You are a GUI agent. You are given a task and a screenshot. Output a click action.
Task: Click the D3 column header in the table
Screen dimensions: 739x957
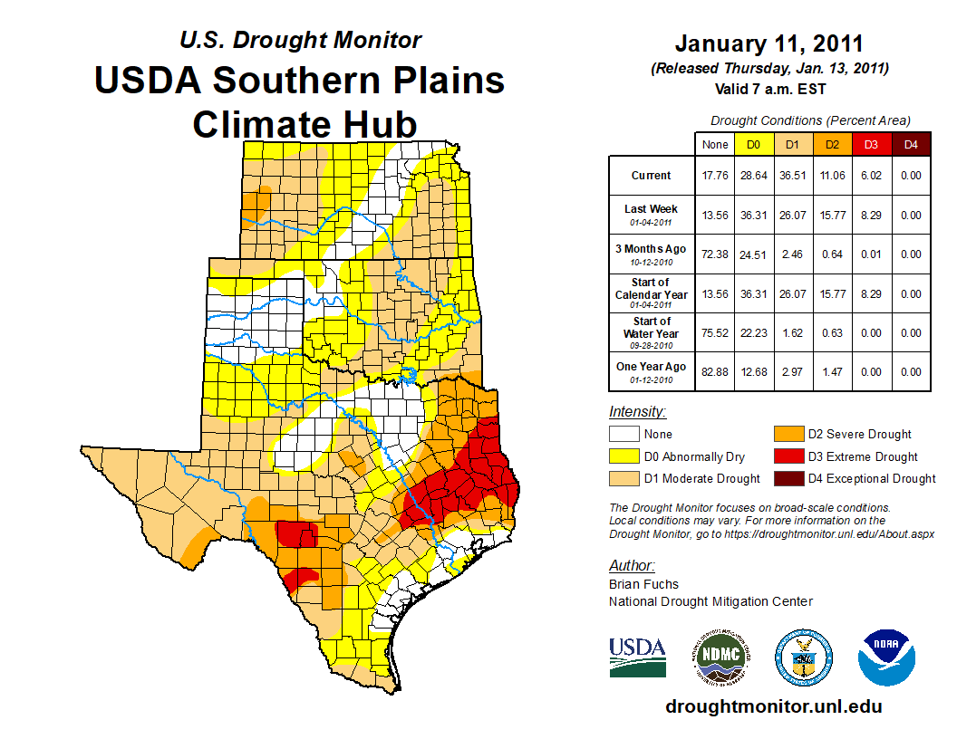click(872, 145)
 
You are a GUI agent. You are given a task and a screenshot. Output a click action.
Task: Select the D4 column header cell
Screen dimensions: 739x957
click(911, 145)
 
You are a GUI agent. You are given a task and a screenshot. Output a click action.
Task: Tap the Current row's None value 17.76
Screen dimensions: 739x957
click(715, 176)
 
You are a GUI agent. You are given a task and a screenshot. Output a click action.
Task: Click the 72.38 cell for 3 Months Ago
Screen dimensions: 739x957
click(715, 254)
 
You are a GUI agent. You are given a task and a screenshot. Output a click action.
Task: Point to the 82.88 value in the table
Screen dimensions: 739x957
click(715, 372)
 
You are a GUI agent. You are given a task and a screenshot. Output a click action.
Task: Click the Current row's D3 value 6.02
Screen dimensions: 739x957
click(872, 176)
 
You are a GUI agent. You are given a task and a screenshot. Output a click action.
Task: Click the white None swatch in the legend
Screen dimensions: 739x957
click(623, 435)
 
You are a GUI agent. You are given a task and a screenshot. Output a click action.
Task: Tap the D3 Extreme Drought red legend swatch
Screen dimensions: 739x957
click(787, 456)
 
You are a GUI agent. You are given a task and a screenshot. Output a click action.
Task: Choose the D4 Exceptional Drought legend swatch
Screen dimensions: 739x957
click(787, 478)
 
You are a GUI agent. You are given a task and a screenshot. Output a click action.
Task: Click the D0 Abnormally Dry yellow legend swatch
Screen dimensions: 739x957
click(623, 456)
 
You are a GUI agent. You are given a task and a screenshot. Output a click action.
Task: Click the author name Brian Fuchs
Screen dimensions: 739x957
click(643, 584)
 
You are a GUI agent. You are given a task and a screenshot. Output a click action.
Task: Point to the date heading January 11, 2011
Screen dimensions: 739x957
click(768, 43)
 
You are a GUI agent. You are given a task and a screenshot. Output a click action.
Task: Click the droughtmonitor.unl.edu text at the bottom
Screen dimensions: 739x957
click(773, 706)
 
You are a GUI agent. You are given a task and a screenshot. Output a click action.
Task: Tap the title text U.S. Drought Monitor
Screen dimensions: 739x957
click(300, 41)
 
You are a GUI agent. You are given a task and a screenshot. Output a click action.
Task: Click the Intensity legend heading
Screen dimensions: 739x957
click(637, 412)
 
